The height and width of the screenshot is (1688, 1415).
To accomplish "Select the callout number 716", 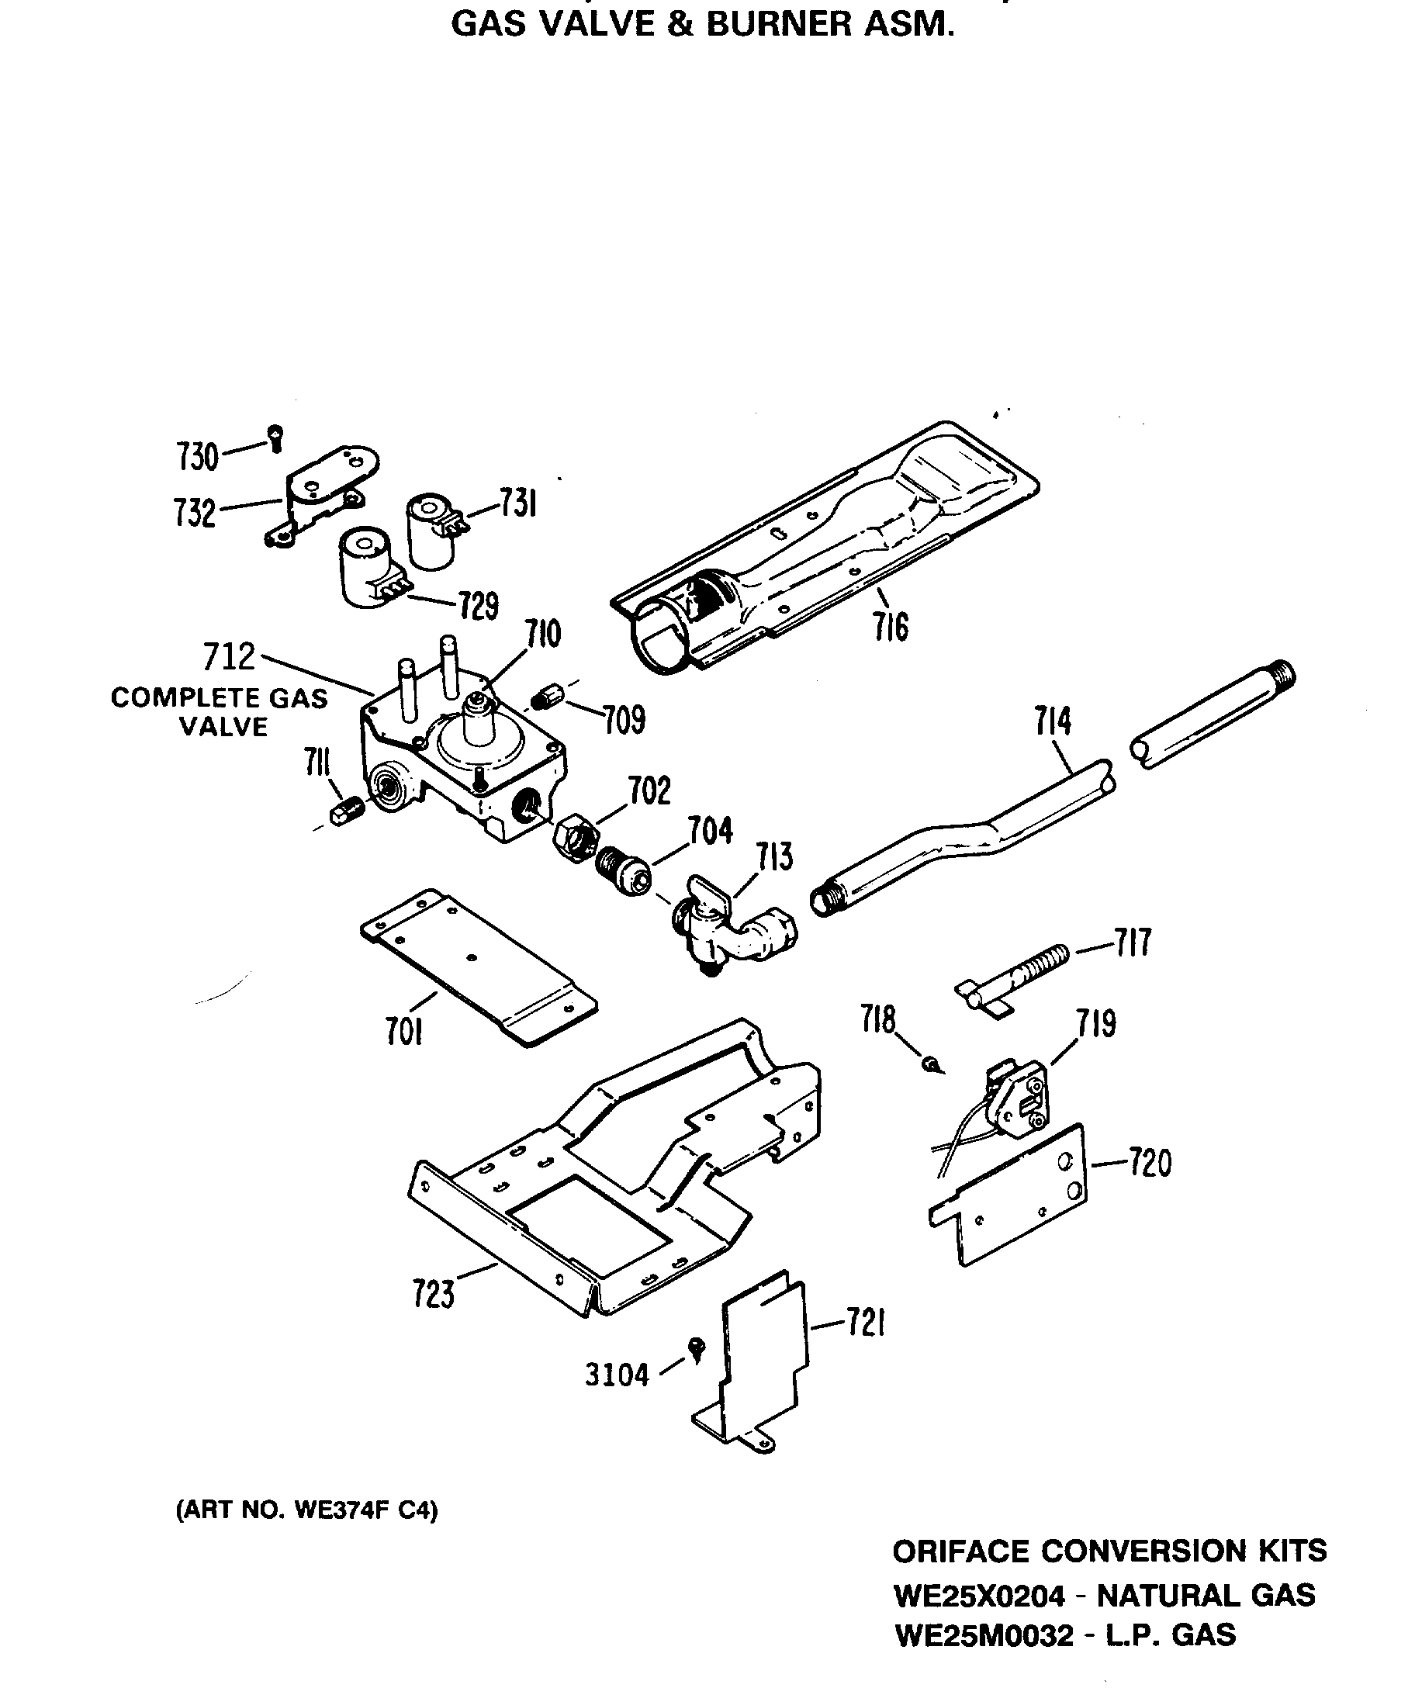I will click(891, 627).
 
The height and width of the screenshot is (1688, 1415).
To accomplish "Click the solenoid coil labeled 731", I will click(432, 531).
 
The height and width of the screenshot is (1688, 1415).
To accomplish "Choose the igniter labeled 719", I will click(1017, 1097).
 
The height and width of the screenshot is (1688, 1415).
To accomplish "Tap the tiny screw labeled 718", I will click(930, 1064).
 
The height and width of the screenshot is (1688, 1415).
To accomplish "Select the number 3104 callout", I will click(616, 1375).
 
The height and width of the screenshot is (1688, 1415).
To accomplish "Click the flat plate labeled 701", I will click(478, 965).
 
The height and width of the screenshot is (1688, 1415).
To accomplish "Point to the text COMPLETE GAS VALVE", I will click(220, 712).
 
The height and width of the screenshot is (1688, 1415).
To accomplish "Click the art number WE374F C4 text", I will click(306, 1510).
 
